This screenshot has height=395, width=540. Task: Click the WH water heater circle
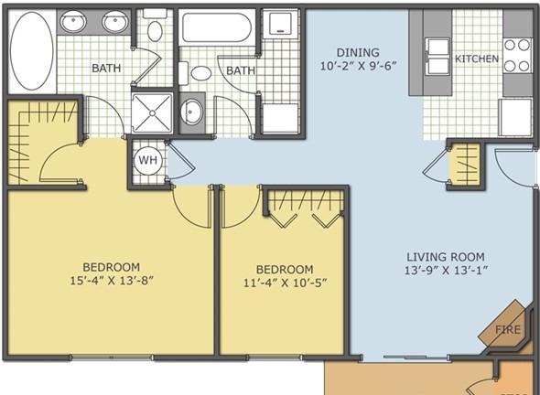pos(147,160)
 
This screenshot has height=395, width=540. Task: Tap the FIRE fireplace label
pos(508,329)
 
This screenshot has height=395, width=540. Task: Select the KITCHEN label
pos(477,59)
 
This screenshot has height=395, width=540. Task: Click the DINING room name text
pos(358,53)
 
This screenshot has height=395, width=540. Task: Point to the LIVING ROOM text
pos(446,257)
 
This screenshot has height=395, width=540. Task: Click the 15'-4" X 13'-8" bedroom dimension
pos(112,281)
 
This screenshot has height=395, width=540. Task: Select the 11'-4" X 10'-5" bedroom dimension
pos(286,283)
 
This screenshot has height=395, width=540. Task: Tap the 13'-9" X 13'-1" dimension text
pos(446,271)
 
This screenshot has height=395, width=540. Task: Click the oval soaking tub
pos(32,51)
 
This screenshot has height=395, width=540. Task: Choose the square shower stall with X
pos(152,112)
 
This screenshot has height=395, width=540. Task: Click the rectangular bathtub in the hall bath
pos(217,27)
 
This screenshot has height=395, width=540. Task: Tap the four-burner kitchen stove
pos(517,56)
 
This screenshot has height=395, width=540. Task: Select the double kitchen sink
pos(437,57)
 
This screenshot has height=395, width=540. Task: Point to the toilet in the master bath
pos(155,26)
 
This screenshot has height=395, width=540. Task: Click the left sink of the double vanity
pos(73,22)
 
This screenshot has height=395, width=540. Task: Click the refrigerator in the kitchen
pos(515,117)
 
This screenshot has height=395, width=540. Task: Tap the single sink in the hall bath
pos(191,112)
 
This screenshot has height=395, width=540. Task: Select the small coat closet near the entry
pos(465,165)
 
